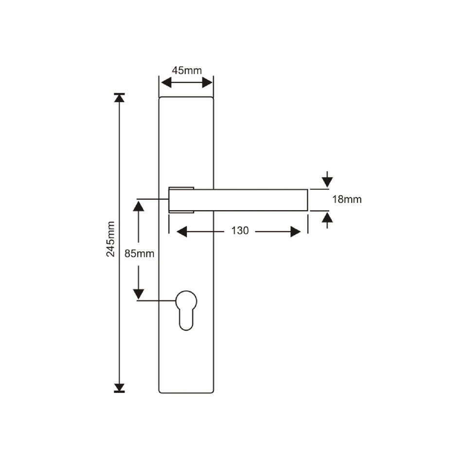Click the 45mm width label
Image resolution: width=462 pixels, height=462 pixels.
coord(187,70)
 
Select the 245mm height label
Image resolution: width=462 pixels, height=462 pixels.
coord(111,239)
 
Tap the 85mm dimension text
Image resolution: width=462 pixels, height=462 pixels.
coord(139,253)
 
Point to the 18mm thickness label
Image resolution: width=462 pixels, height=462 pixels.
coord(347,199)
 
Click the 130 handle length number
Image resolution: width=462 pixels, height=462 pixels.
coord(240,231)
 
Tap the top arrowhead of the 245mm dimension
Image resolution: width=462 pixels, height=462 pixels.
coord(119,98)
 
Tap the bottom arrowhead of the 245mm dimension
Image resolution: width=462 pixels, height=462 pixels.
coord(119,388)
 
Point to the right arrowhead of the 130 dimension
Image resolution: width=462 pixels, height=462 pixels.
coord(295,231)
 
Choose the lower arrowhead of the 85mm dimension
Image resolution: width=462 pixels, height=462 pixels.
coord(139,294)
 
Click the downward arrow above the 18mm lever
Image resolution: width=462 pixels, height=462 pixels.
coord(327,181)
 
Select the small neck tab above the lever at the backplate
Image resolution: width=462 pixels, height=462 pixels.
coord(181,187)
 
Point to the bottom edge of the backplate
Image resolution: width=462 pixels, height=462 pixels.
coord(186,392)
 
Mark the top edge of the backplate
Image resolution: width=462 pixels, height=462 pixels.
coord(186,97)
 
